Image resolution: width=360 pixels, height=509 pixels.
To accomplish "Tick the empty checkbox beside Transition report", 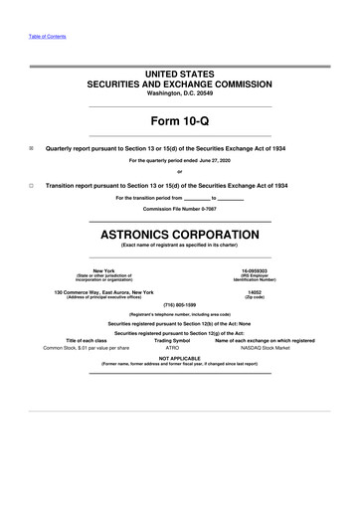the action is point(32,186).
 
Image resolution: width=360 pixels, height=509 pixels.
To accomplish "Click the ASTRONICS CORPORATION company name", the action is point(180,235).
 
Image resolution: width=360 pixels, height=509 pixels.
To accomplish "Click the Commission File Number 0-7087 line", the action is point(180,209).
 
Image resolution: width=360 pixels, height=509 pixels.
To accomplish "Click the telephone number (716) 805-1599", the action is point(180,304).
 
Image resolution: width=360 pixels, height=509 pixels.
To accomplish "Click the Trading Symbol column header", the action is point(172,340).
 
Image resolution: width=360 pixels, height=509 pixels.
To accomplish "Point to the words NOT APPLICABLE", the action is point(180,357).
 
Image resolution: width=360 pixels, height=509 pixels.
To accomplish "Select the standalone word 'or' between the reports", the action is point(180,173).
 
